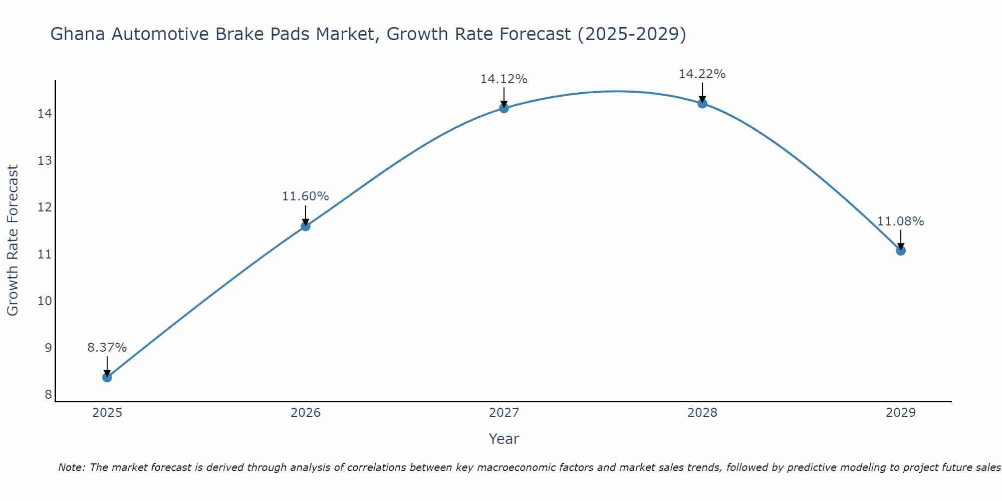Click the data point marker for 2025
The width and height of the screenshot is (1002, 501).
[107, 377]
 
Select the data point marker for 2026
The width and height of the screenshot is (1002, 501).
[306, 226]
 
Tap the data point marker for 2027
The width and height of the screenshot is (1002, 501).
[504, 108]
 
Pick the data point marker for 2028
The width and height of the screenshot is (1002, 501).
[702, 103]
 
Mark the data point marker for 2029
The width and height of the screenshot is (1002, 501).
[901, 250]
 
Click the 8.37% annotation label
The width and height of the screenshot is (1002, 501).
[107, 348]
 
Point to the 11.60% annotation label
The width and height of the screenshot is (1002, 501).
[306, 196]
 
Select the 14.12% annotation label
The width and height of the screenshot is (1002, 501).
[504, 79]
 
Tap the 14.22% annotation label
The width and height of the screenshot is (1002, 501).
[702, 74]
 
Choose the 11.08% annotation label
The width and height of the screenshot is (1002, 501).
[901, 221]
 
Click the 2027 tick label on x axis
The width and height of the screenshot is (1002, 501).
[504, 413]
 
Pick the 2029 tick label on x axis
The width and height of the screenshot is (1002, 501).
[901, 413]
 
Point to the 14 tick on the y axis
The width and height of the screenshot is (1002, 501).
[45, 114]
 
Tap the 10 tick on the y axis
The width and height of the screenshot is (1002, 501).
[45, 301]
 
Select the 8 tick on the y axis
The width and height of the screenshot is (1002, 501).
[48, 395]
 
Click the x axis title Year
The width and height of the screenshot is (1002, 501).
[504, 439]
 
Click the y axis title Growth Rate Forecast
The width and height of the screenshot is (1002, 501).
[13, 240]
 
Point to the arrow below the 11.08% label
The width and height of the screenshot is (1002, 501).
[901, 239]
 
